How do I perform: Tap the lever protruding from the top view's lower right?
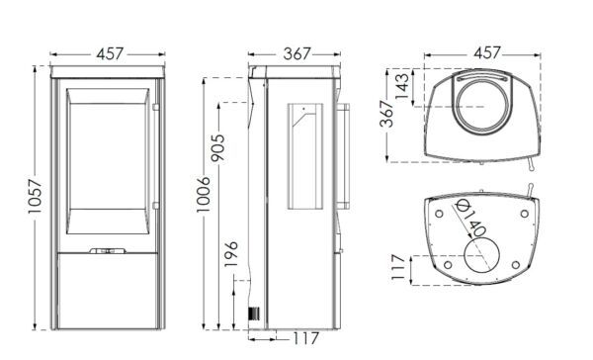(x=534, y=159)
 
